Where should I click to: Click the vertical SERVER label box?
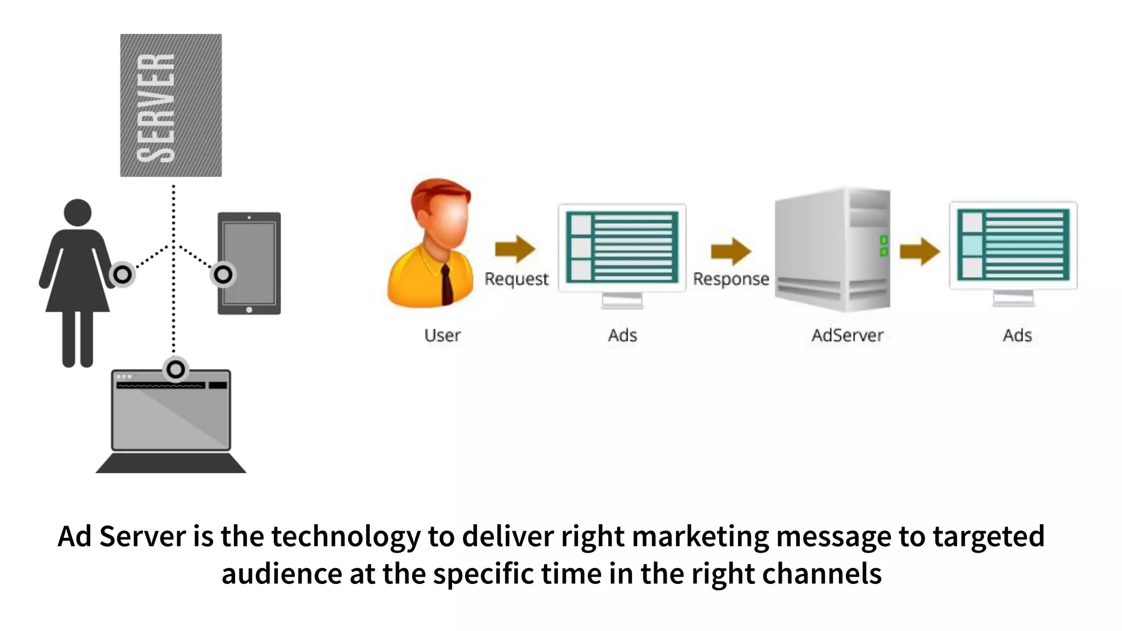pos(171,105)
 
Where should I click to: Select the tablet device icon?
pos(250,263)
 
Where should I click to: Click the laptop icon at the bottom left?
pos(171,419)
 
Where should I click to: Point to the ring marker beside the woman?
pos(123,274)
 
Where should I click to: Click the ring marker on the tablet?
pos(223,274)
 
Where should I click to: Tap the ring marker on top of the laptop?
pos(176,370)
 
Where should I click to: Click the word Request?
pos(516,279)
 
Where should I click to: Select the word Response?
pos(731,279)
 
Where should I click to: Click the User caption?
pos(442,335)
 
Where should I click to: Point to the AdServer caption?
pos(847,335)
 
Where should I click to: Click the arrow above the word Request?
pos(515,249)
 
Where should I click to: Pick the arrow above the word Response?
pos(731,251)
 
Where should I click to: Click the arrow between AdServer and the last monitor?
pos(920,251)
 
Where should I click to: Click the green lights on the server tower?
pos(884,246)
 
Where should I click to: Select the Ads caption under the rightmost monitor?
pos(1017,335)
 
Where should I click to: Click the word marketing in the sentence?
pos(700,537)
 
